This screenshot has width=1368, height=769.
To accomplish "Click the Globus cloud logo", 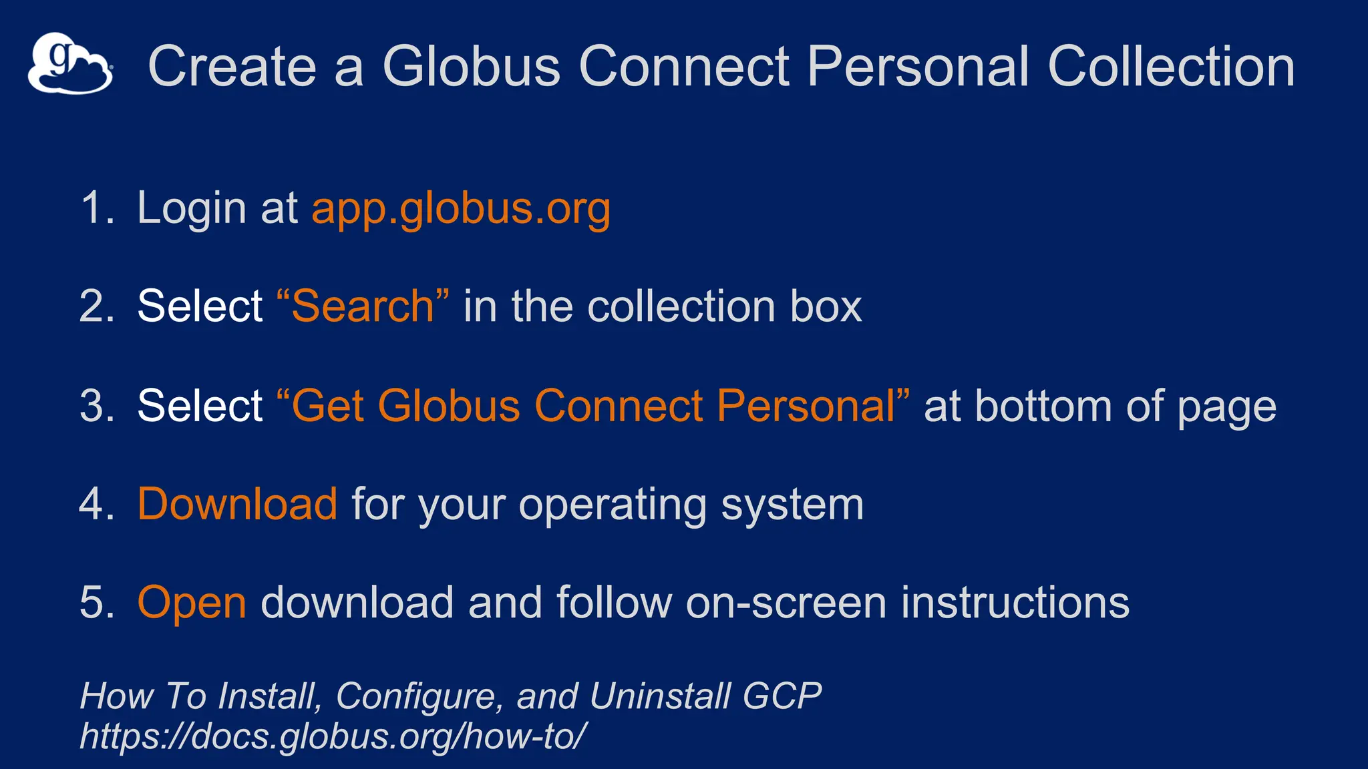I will click(x=70, y=63).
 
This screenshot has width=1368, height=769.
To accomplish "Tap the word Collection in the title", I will click(x=1171, y=66).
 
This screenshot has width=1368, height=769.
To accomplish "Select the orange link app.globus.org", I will click(x=461, y=208).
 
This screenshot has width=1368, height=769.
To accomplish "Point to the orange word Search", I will click(x=363, y=306).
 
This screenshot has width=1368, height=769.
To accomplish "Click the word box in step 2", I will click(x=826, y=306).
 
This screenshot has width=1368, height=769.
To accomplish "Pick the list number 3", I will click(x=95, y=406).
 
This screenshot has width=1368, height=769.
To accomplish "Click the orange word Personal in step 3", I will click(x=806, y=406).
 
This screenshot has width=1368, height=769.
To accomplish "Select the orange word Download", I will click(x=237, y=504).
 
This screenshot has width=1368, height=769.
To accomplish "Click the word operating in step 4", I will click(x=613, y=505).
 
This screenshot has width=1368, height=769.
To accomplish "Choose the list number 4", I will click(x=95, y=504).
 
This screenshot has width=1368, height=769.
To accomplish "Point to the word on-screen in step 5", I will click(x=786, y=603).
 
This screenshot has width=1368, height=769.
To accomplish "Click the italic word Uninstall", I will click(x=659, y=696).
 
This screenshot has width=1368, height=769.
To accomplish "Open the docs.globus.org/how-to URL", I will click(x=333, y=736).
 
